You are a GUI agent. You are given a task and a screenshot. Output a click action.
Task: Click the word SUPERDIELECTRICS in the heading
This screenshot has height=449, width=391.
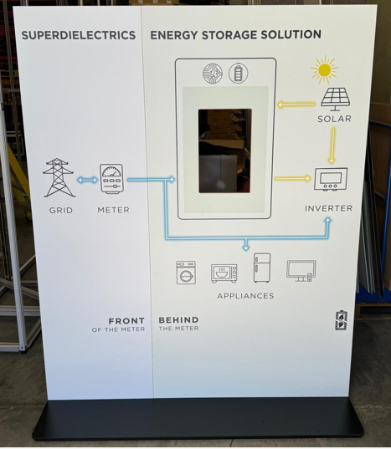[x=79, y=35]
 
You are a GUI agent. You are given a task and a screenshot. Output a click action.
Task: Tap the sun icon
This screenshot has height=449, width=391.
[x=325, y=70]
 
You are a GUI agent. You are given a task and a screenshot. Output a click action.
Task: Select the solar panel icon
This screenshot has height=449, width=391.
[x=336, y=99]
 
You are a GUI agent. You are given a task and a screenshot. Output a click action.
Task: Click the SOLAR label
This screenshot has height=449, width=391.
[x=334, y=119]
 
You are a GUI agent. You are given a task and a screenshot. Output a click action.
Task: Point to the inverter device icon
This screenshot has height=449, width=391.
[x=331, y=179]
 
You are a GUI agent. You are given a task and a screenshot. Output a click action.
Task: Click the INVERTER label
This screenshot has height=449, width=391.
[x=328, y=208]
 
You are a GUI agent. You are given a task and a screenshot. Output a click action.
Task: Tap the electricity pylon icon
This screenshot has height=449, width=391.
[x=59, y=177]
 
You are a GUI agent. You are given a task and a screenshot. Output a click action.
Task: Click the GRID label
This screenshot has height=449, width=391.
[x=61, y=210]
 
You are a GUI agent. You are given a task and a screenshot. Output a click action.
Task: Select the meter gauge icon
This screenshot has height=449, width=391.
[x=111, y=179]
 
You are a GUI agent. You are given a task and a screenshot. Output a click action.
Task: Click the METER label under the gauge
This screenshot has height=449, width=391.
[x=114, y=210]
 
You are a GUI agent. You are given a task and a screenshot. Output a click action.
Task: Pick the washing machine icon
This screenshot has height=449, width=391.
[x=186, y=273]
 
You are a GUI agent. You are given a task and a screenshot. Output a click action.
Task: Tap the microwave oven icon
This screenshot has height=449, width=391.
[x=224, y=273]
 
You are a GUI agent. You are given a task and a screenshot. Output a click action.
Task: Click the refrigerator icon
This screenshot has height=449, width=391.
[x=262, y=268]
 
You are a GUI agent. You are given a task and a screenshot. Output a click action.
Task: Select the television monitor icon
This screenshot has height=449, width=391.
[x=301, y=271]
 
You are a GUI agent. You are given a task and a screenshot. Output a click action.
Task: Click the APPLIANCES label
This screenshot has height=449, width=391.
[x=245, y=296]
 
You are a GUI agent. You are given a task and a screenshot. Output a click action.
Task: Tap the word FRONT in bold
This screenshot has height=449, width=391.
[x=126, y=321]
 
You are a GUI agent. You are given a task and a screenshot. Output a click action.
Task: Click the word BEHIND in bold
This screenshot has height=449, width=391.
[x=178, y=320]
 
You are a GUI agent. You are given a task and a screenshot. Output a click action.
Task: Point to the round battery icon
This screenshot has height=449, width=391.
[x=239, y=73]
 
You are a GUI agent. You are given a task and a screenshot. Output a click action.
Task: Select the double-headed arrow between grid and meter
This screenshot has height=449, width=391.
[x=87, y=180]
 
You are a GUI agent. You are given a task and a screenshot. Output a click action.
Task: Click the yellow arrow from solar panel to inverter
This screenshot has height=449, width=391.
[x=332, y=145]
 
